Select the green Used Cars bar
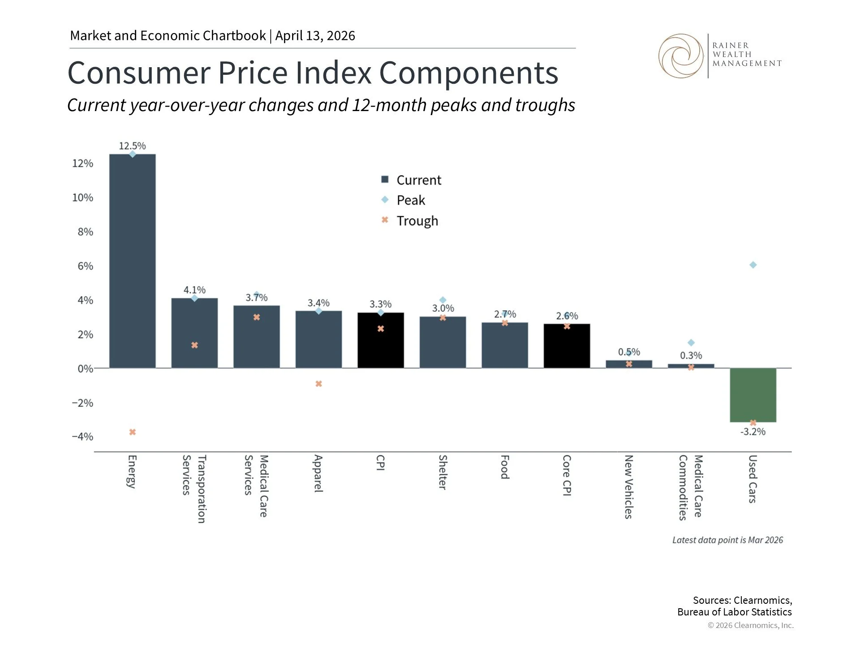(x=752, y=395)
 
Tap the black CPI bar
(x=380, y=340)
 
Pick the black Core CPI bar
(x=567, y=346)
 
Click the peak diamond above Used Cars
(x=753, y=265)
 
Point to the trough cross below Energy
(x=133, y=432)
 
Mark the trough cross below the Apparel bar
(x=318, y=384)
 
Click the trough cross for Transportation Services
(x=194, y=345)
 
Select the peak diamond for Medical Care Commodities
(x=691, y=343)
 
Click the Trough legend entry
(x=417, y=221)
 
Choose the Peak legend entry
(x=410, y=200)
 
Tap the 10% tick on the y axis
(x=83, y=198)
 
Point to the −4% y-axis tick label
(x=82, y=437)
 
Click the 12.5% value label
(x=132, y=146)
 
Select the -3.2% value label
(x=753, y=432)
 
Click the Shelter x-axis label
(x=443, y=472)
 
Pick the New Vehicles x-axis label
(x=628, y=486)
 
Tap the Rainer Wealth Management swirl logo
(x=681, y=56)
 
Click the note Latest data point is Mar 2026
(x=727, y=540)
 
